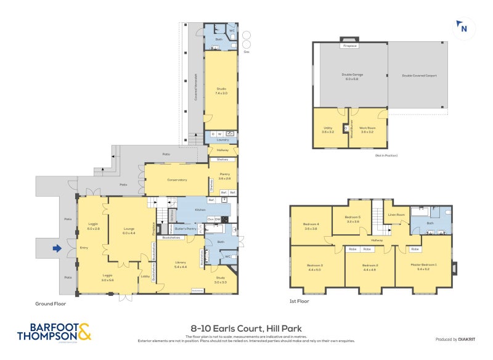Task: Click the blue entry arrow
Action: tap(57, 248)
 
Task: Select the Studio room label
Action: tap(221, 91)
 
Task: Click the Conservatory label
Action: tap(176, 180)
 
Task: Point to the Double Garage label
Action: tap(352, 76)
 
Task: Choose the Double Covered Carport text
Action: tap(419, 75)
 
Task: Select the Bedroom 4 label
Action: tap(311, 226)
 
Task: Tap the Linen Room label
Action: tap(396, 215)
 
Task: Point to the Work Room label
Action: tap(368, 129)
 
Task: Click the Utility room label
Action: tap(328, 129)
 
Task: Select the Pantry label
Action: tap(224, 176)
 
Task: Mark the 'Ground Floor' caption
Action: tap(51, 303)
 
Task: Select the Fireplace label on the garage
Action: tap(350, 46)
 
